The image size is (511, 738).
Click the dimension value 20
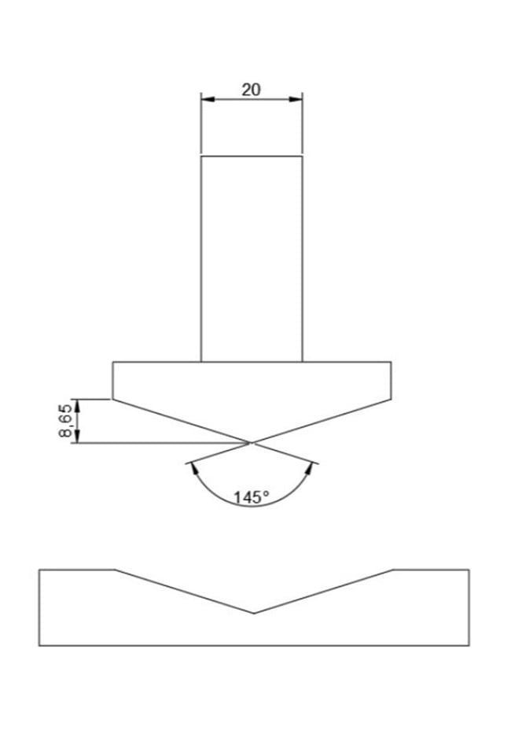(251, 90)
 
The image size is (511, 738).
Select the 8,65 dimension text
(66, 420)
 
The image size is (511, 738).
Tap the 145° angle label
(252, 497)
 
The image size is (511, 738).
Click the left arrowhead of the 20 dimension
(208, 99)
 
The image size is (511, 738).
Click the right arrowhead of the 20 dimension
(296, 99)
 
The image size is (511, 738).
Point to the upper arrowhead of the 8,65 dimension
(78, 406)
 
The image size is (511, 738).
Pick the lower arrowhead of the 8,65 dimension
(78, 436)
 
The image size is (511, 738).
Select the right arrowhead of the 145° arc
(309, 469)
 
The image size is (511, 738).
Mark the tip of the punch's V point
(252, 443)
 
